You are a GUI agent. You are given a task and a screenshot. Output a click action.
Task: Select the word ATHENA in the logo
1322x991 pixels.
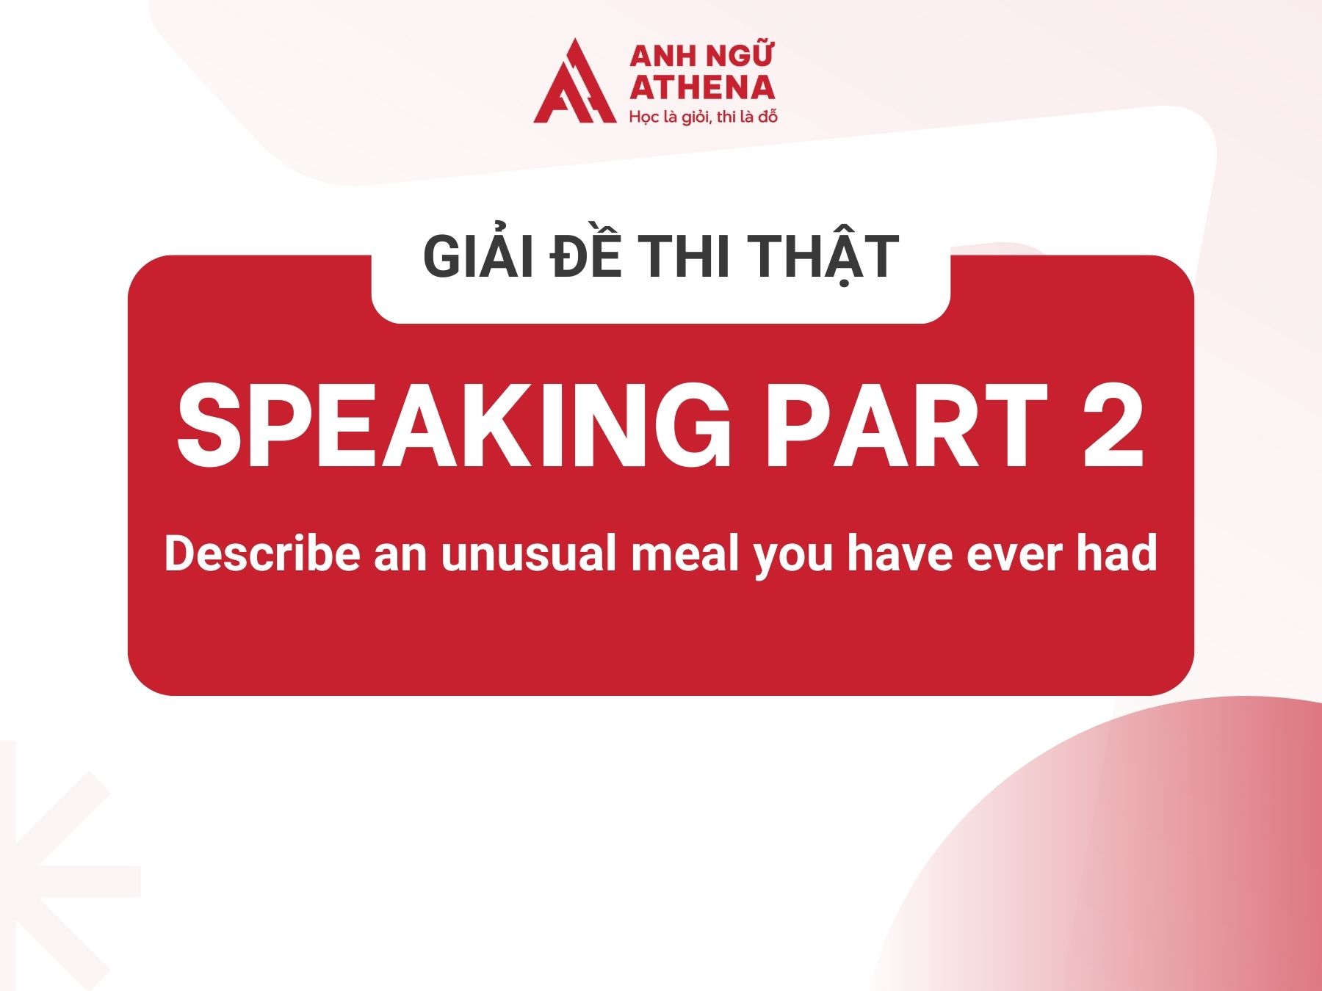click(x=702, y=88)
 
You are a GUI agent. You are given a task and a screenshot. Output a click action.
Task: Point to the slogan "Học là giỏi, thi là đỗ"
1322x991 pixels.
click(x=703, y=117)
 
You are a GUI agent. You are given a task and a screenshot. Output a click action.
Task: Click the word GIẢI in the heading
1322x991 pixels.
click(x=478, y=256)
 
